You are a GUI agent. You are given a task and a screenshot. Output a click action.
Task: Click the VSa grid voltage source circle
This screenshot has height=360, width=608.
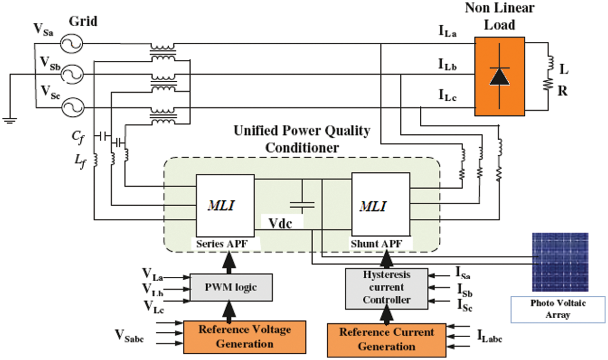(72, 44)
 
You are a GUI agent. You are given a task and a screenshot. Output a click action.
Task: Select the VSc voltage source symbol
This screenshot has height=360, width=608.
(72, 108)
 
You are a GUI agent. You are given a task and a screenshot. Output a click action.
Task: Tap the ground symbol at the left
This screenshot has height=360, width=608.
(10, 121)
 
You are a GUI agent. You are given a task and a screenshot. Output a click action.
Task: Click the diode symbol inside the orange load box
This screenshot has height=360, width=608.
(500, 76)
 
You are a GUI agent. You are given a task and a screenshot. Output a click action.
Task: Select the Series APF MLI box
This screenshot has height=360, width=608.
(225, 205)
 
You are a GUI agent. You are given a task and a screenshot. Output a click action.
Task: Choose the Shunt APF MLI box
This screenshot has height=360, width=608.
(380, 204)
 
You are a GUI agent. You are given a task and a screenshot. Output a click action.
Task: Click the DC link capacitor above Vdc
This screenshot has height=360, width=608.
(302, 204)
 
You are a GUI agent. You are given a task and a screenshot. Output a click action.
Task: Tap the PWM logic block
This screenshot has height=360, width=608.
(231, 287)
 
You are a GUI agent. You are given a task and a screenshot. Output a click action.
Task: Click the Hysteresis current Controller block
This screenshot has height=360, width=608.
(387, 288)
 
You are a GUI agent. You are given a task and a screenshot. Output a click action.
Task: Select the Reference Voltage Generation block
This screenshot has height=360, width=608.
(245, 337)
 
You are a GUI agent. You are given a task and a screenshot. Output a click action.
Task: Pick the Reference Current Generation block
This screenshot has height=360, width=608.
(387, 340)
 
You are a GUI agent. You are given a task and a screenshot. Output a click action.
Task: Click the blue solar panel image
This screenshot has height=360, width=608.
(560, 262)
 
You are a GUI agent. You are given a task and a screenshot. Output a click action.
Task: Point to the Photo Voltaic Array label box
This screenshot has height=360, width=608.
(558, 309)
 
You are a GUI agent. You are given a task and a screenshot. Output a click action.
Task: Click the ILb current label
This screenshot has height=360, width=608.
(447, 65)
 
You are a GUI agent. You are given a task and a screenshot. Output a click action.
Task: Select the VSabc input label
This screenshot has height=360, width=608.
(129, 336)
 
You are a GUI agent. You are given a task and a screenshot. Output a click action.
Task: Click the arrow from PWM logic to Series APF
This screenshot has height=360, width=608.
(229, 262)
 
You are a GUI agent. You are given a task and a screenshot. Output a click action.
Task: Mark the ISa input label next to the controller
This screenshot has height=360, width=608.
(463, 273)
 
